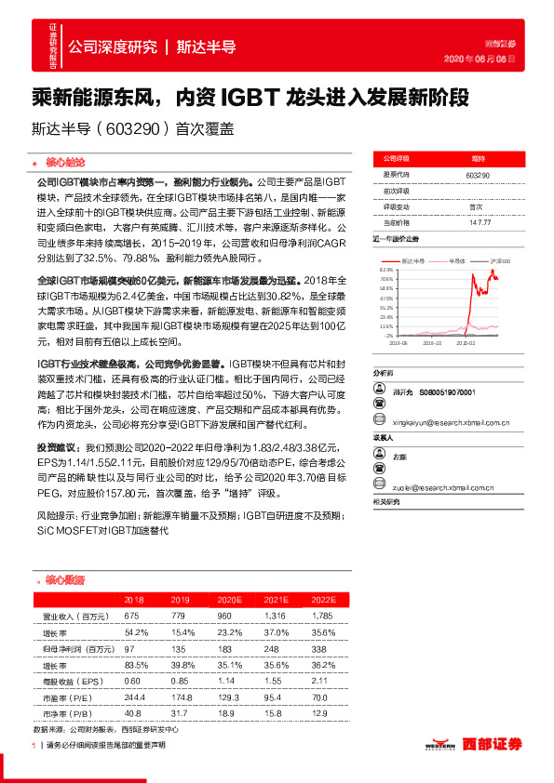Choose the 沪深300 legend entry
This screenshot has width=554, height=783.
[x=500, y=260]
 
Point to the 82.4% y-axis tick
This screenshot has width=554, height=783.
[x=385, y=268]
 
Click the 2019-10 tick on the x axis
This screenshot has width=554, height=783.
[x=436, y=343]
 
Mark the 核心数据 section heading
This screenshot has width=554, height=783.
[x=64, y=579]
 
